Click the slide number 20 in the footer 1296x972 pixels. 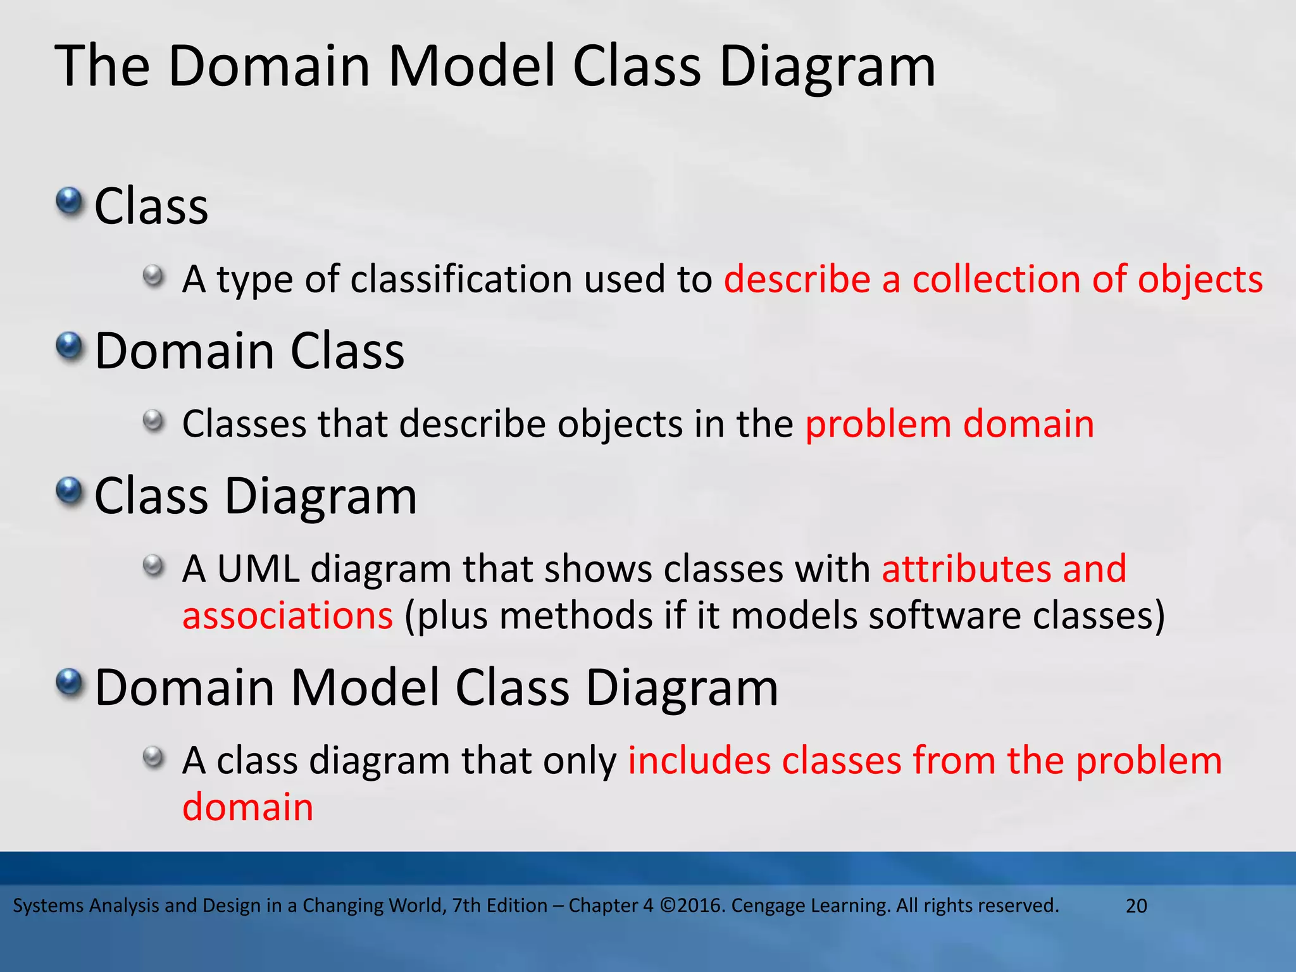(x=1137, y=906)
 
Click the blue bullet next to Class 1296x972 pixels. (x=69, y=202)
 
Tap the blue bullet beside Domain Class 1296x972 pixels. (x=69, y=347)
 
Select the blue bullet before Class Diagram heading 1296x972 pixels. (x=69, y=492)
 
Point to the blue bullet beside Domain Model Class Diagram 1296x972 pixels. (x=69, y=683)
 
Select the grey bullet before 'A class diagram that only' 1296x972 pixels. (x=153, y=757)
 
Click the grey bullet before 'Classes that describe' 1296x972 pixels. (x=153, y=421)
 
